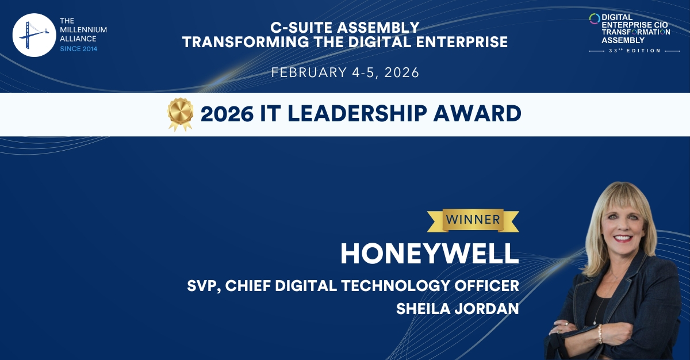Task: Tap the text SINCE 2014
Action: (x=79, y=49)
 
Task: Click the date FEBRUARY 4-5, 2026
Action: (x=345, y=73)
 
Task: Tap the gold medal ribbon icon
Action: (x=180, y=114)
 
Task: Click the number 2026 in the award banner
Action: (x=227, y=114)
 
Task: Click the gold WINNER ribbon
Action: (x=473, y=219)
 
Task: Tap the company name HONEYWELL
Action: (x=430, y=253)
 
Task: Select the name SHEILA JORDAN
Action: (x=458, y=309)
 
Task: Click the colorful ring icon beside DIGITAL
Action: (x=594, y=19)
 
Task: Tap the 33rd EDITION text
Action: (x=631, y=51)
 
